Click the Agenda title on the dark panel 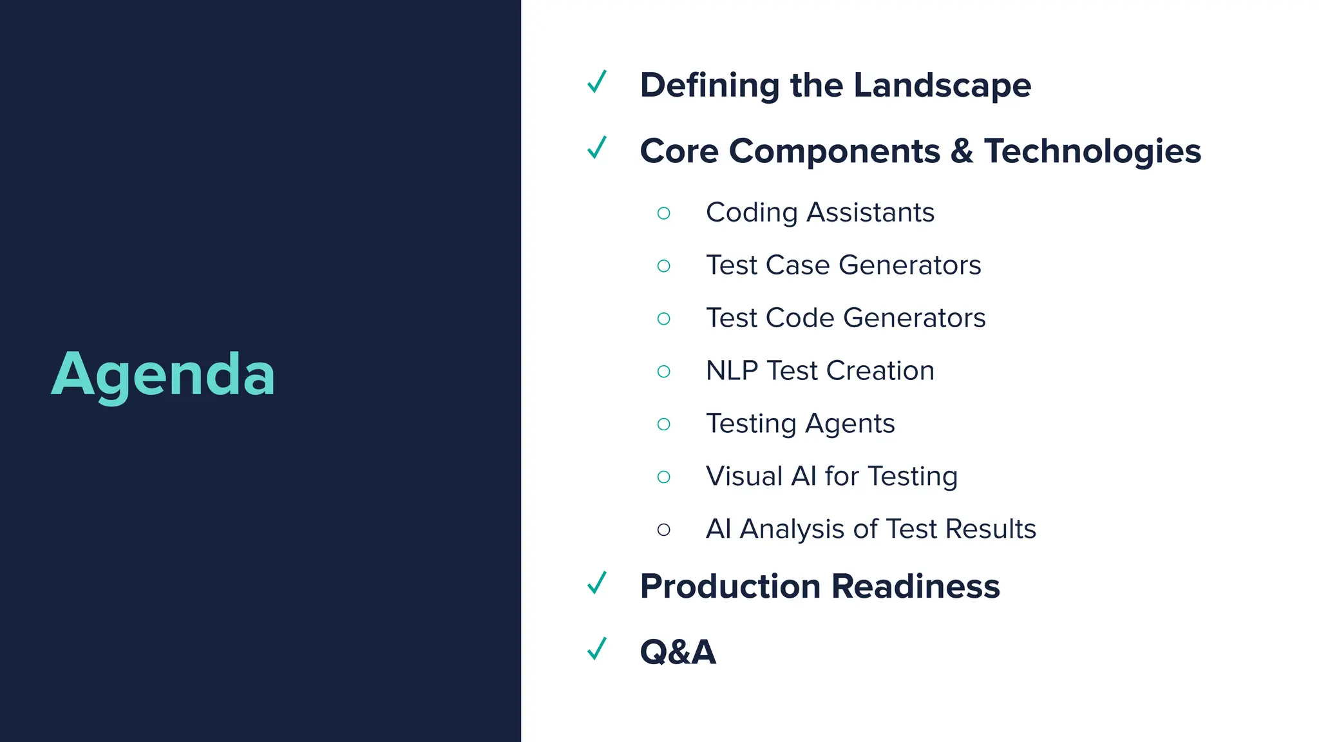[x=163, y=375]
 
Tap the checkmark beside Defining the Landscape [x=597, y=82]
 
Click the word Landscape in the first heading [x=942, y=86]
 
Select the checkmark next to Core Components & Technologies [x=597, y=148]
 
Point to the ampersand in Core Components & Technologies [x=962, y=152]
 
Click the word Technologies [x=1092, y=152]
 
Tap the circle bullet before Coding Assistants [x=663, y=213]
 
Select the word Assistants [x=870, y=213]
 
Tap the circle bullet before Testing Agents [x=663, y=424]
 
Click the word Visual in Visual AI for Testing [x=744, y=477]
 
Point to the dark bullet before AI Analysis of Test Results [x=663, y=530]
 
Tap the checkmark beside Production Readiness [x=597, y=584]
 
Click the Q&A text [x=678, y=652]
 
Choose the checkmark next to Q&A [x=597, y=649]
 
